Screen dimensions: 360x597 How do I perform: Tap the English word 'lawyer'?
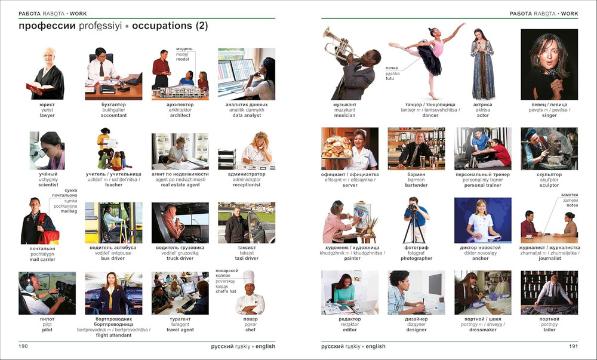click(47, 115)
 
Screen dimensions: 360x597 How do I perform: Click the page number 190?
click(23, 346)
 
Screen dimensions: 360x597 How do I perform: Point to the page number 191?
click(573, 346)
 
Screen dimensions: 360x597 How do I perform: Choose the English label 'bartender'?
click(416, 185)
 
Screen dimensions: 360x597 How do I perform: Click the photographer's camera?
click(414, 208)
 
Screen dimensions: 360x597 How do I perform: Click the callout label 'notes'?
click(572, 205)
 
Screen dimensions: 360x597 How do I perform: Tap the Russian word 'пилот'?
click(47, 319)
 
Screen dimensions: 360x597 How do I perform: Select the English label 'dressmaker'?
click(482, 330)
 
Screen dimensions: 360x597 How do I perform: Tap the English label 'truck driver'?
click(180, 259)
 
